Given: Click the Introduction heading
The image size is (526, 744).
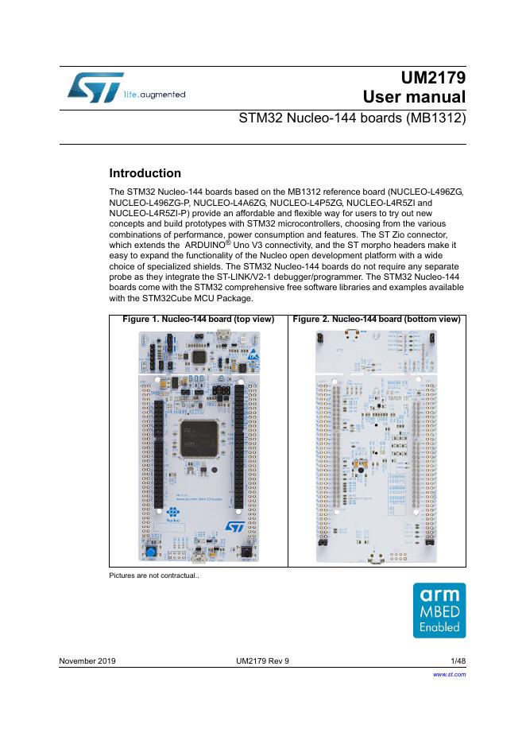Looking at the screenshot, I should [x=145, y=173].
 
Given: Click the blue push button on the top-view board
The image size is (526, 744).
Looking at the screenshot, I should [x=148, y=551].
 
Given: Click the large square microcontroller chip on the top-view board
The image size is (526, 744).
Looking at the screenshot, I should [x=198, y=439].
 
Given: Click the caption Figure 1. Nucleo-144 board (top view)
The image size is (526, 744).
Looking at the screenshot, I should [x=198, y=320].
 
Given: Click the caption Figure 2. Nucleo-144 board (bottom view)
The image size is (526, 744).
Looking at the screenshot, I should [x=376, y=320].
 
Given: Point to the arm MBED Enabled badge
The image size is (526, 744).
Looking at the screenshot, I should [x=439, y=610].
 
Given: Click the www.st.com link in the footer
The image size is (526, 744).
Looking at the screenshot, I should [x=449, y=674].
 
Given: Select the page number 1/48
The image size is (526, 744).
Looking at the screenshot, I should [x=456, y=661].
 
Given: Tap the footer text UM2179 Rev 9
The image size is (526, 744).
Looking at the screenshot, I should [x=263, y=661].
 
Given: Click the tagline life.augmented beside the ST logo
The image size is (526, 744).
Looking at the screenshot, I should [x=155, y=95].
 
